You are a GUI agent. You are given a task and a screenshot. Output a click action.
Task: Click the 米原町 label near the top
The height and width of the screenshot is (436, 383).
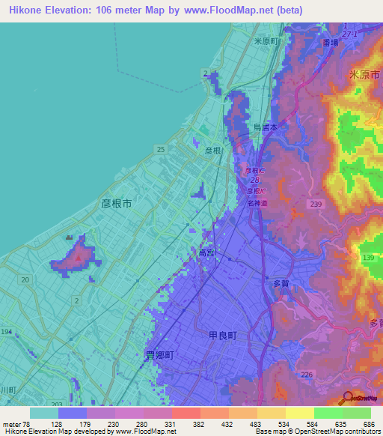(266, 42)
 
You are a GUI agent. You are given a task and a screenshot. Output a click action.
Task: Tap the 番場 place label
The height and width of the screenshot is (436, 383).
(331, 44)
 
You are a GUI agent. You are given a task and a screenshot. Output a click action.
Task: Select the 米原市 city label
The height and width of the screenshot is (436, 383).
(365, 76)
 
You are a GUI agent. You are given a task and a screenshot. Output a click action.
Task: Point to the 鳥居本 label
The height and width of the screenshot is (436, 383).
(266, 128)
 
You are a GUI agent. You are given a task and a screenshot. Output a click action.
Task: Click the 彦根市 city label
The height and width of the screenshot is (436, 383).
(116, 203)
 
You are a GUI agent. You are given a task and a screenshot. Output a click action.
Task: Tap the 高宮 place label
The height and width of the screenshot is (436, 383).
(206, 253)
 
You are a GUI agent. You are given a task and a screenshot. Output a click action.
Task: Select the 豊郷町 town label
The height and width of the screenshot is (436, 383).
(159, 356)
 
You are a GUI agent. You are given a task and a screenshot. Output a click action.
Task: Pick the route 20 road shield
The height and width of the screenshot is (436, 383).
(25, 279)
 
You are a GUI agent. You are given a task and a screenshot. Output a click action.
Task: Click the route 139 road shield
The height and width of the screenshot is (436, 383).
(368, 258)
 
